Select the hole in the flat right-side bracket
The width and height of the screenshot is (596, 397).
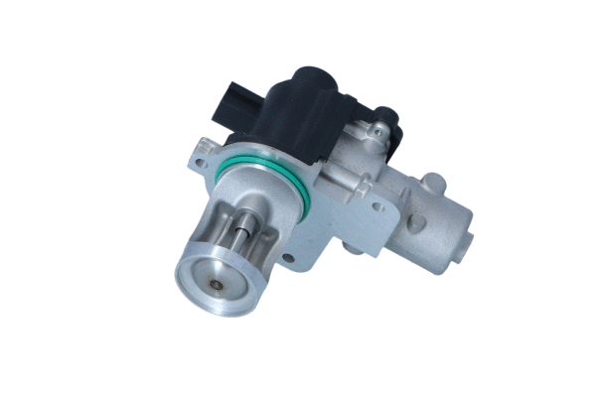377,208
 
